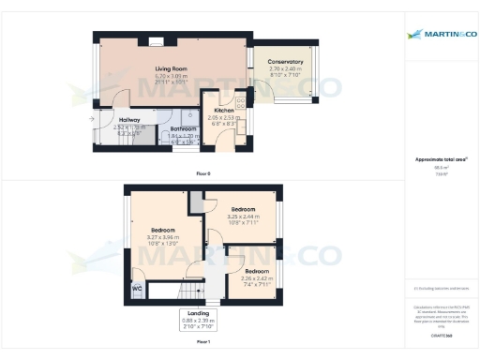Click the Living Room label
coord(172,68)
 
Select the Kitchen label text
coord(224,110)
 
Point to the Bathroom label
coord(183,128)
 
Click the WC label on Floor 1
coord(138,290)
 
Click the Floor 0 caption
coord(203,174)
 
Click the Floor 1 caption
coord(203,342)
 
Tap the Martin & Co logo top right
coord(441,35)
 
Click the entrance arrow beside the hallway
coord(92,119)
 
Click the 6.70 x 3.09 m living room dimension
coord(172,75)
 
